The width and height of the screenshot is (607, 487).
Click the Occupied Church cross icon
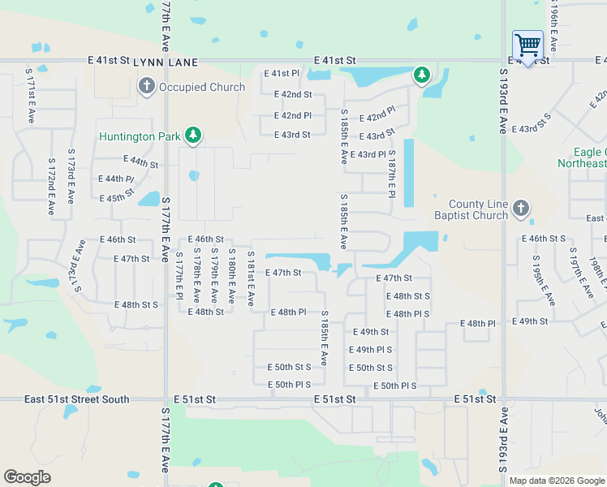point(146,86)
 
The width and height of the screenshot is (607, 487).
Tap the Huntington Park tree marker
point(193,135)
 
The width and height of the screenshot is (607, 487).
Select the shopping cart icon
point(527,45)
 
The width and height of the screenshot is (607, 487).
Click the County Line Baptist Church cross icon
point(521,209)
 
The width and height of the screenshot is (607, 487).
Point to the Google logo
point(27,477)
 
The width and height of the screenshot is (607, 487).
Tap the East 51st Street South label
point(76,399)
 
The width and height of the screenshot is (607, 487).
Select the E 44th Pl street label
point(115,179)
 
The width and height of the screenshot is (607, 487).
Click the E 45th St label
point(116,198)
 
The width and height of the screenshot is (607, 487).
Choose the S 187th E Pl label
point(391,173)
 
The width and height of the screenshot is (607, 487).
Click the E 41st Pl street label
point(282,74)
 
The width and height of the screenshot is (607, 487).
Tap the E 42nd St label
point(293,94)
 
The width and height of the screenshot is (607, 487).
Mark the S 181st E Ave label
point(250,278)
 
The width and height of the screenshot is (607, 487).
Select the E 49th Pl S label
point(371,350)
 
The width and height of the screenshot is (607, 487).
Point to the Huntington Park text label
point(140,136)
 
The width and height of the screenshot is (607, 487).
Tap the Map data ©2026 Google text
point(556,481)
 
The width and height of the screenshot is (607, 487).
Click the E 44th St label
point(140,162)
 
